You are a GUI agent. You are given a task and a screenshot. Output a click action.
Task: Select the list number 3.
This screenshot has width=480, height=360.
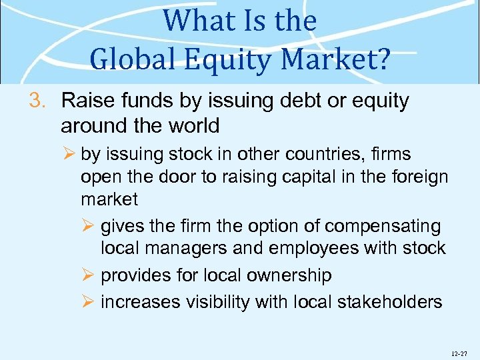pos(38,101)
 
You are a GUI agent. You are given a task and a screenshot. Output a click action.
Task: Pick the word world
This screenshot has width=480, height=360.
pos(193,125)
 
